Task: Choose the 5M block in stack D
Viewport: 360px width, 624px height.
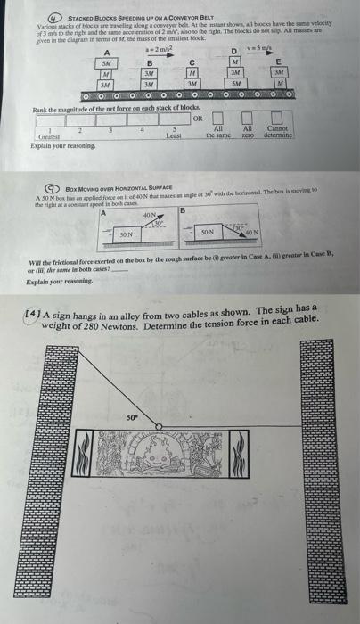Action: pyautogui.click(x=235, y=85)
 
